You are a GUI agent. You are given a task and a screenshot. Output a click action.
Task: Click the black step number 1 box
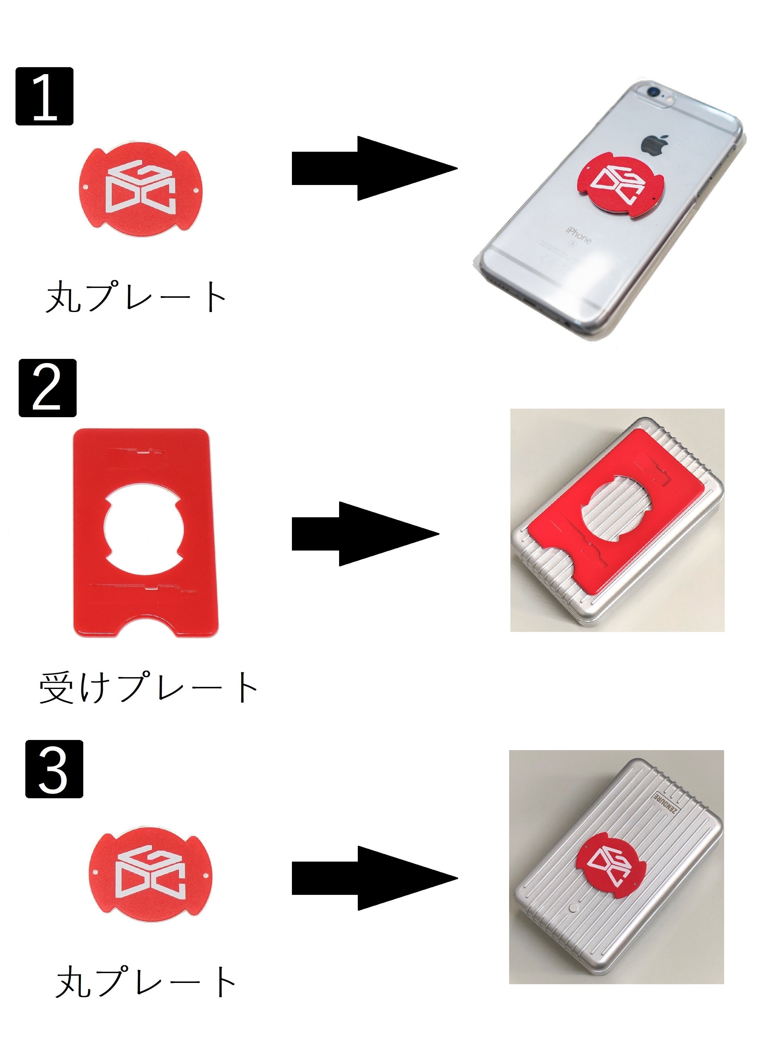coord(44,96)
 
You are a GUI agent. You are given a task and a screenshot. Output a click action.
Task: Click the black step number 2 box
coord(47,388)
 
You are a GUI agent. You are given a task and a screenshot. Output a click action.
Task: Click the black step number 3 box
coord(54,769)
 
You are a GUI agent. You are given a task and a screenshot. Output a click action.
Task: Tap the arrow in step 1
coord(375,169)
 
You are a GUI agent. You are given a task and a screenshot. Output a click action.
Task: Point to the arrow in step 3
coord(375,878)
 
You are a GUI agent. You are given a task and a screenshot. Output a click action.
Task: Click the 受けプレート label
coord(148,688)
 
